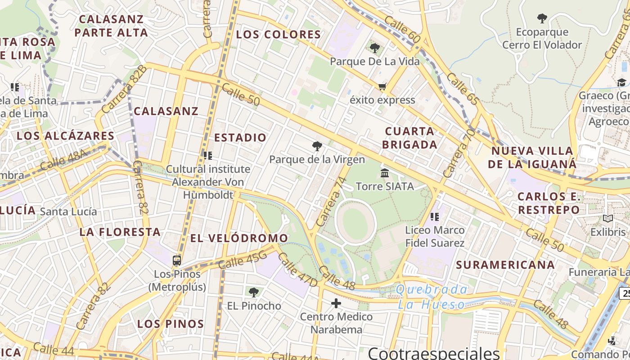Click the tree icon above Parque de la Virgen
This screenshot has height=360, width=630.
click(317, 146)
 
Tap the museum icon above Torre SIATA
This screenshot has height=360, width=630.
click(385, 173)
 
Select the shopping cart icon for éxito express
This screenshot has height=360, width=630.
click(382, 86)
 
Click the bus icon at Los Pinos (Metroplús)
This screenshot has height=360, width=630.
click(177, 261)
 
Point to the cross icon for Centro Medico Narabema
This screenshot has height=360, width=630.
click(336, 303)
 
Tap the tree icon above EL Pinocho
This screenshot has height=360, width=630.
click(254, 292)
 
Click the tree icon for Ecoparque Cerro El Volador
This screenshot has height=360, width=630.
click(542, 18)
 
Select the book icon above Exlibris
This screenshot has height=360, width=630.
click(608, 219)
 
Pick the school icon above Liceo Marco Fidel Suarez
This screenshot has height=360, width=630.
click(434, 217)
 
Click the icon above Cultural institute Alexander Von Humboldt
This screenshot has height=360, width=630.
click(207, 156)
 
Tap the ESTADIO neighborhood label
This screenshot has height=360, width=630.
click(240, 138)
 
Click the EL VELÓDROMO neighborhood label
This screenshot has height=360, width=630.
click(239, 238)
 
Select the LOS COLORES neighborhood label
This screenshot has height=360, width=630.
click(279, 35)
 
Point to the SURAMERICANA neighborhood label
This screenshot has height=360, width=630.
click(505, 265)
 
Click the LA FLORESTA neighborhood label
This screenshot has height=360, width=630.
click(120, 232)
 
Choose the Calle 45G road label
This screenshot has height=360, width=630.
click(243, 260)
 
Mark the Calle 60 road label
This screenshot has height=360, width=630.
click(402, 31)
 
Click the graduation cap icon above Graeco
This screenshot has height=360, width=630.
click(621, 82)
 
